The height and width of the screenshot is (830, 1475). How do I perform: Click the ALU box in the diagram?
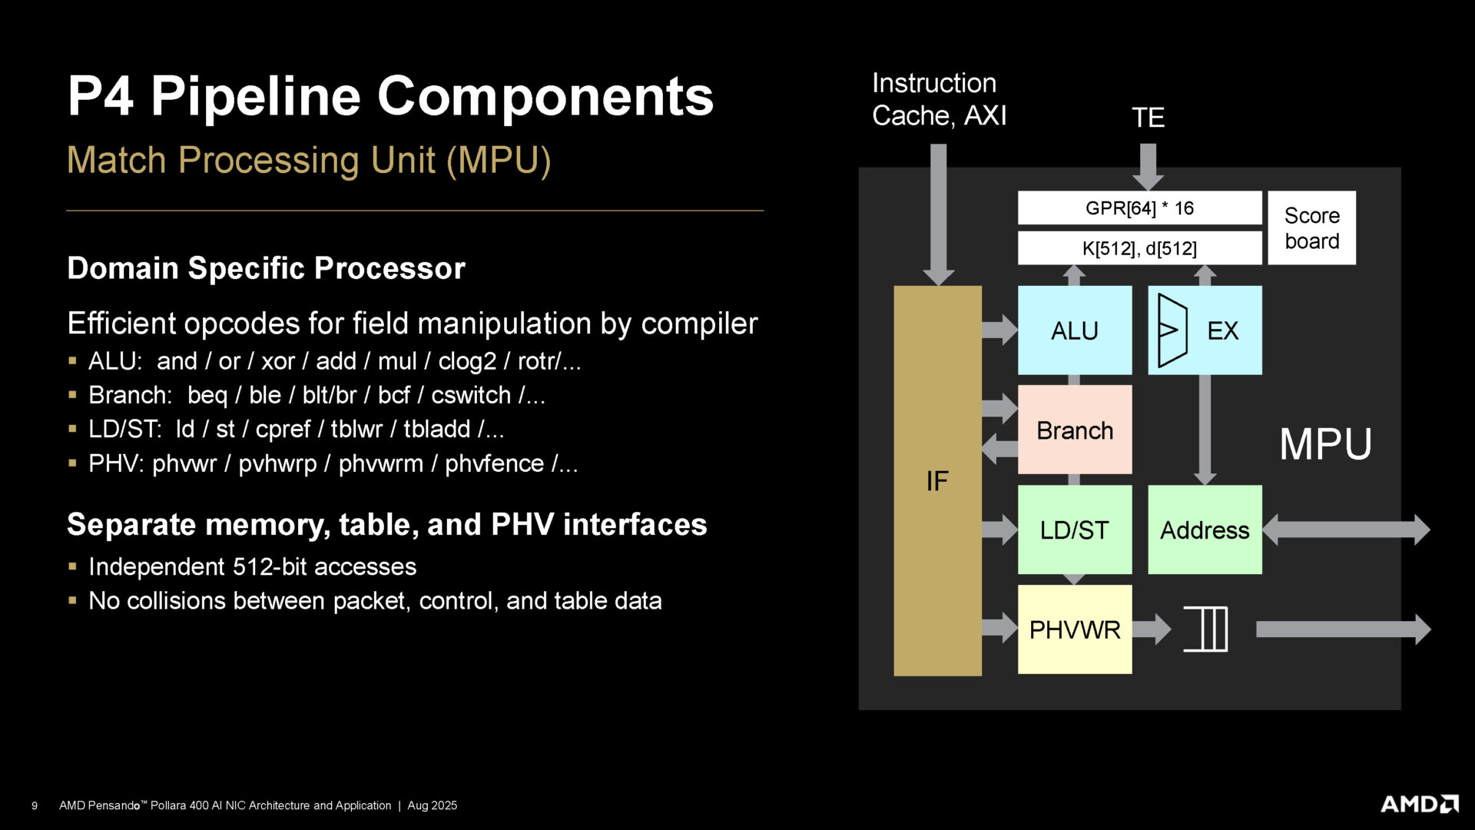[x=1074, y=330]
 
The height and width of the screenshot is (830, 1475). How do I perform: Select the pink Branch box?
[x=1074, y=430]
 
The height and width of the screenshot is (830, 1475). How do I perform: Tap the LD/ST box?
[x=1074, y=530]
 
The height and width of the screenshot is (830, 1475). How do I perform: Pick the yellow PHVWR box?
[x=1074, y=629]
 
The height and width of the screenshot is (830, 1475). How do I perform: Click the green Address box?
[x=1204, y=530]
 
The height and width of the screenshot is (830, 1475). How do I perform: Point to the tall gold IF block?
[x=937, y=481]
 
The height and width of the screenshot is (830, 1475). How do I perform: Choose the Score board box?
[x=1311, y=228]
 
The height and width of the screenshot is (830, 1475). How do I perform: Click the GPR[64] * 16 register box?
[x=1139, y=207]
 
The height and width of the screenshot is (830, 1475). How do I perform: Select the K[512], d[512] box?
[x=1139, y=248]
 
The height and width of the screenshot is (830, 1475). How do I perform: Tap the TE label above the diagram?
[x=1148, y=118]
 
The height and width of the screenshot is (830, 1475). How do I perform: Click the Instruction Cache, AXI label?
[x=938, y=99]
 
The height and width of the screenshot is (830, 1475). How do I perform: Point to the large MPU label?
[x=1325, y=443]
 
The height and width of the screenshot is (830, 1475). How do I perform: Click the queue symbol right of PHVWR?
[x=1205, y=629]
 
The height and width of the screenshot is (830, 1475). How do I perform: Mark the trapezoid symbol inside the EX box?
[x=1172, y=330]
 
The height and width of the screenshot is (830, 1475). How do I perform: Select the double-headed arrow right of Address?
[x=1346, y=530]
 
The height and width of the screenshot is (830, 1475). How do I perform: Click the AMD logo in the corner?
[x=1419, y=804]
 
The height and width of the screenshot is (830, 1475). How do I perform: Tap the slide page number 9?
[x=34, y=805]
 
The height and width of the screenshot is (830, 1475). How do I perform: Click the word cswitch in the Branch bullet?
[x=470, y=395]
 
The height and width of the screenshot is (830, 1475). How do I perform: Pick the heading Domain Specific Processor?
[x=266, y=268]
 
